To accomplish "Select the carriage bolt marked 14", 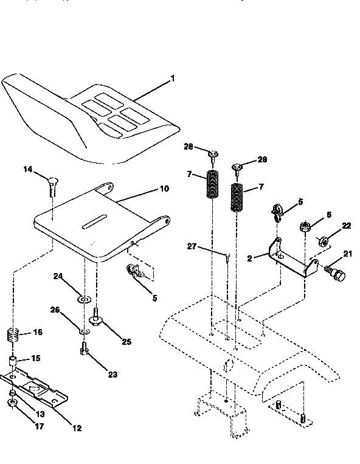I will tap(51, 184).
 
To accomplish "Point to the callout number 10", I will tap(164, 189).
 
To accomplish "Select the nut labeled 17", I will tap(12, 403).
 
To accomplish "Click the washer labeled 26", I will tap(85, 331).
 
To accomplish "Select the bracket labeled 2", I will tap(292, 258).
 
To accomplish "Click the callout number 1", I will tap(172, 78).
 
